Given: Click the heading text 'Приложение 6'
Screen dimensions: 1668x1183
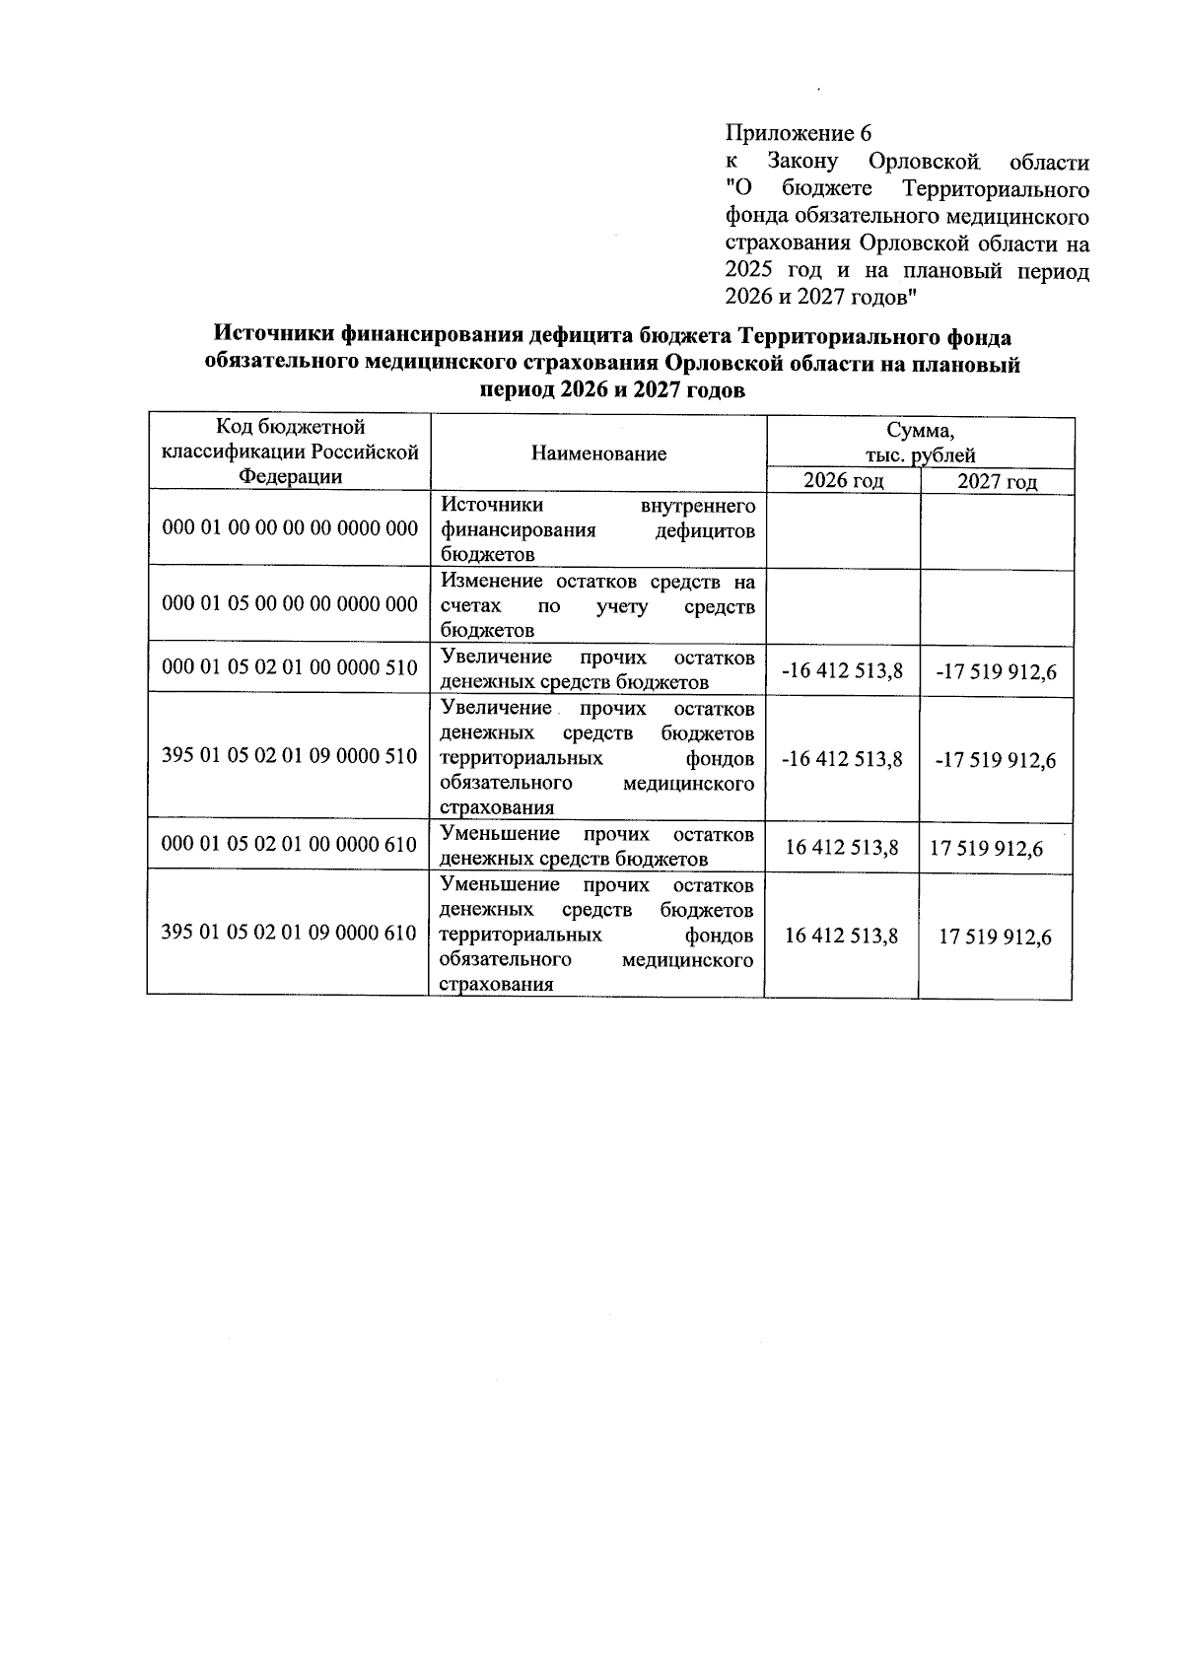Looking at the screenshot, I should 799,133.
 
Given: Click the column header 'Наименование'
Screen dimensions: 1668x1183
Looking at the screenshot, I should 598,453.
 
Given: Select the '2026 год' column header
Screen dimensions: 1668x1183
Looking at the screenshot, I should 843,481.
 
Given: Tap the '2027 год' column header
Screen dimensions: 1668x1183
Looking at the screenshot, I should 997,482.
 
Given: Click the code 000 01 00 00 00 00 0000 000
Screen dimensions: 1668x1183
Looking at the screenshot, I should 290,529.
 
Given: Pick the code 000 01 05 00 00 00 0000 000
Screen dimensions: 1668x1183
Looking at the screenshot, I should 290,603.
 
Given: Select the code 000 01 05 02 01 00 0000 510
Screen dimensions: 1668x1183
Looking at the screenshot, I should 290,667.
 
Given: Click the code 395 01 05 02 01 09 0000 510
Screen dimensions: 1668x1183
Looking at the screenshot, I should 290,757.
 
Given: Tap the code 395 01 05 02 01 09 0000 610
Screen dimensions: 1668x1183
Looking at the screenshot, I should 290,933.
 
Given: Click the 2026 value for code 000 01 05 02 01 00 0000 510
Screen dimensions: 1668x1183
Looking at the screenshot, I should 841,671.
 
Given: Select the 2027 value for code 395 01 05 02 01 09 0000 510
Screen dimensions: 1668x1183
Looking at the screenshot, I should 996,760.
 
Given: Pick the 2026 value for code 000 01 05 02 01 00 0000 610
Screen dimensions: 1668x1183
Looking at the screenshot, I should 841,848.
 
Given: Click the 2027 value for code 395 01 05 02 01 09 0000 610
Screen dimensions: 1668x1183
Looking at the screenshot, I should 995,937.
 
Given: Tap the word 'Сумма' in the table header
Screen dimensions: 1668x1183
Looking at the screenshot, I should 920,431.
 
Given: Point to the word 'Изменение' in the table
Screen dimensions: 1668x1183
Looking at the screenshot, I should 489,582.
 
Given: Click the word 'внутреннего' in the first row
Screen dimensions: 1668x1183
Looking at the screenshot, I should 698,507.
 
